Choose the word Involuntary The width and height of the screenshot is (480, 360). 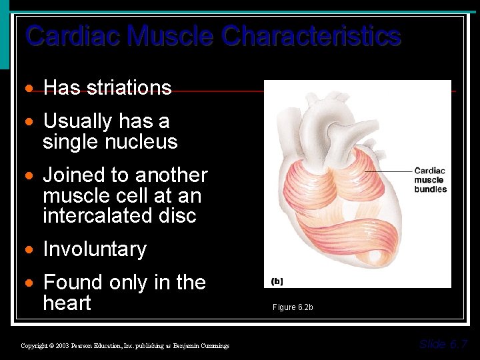coord(95,249)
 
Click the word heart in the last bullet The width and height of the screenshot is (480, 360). coord(67,303)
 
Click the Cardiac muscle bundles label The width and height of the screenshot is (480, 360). coord(430,180)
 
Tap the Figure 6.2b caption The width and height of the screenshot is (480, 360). coord(292,307)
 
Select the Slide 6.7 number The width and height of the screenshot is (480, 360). coord(443,344)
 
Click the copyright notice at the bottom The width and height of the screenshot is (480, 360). coord(125,345)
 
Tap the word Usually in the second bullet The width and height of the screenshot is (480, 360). coord(77,121)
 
